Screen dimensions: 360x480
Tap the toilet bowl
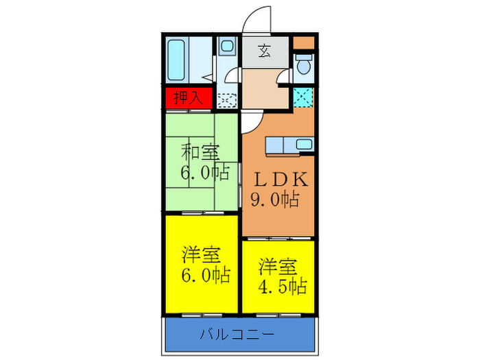click(x=302, y=67)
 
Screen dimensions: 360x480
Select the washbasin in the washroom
click(x=226, y=49)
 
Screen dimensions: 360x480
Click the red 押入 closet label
click(x=187, y=97)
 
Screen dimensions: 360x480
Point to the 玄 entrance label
click(x=264, y=50)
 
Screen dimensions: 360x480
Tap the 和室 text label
click(x=200, y=152)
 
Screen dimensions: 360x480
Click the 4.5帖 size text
click(x=281, y=285)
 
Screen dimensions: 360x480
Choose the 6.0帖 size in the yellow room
click(x=205, y=276)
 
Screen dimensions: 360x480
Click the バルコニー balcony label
click(x=237, y=335)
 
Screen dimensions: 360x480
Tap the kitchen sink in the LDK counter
click(x=302, y=145)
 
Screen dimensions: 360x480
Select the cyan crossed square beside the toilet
click(x=302, y=97)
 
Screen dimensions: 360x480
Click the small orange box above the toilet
click(x=302, y=43)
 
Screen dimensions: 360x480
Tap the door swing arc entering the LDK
click(x=250, y=121)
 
